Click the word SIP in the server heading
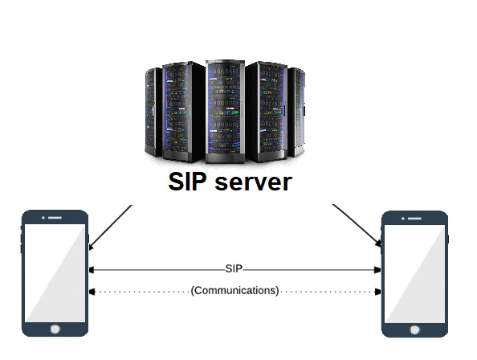190,181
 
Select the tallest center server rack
226,108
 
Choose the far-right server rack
296,111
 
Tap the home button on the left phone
55,328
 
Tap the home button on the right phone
414,328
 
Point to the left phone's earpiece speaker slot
58,218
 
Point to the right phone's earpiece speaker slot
417,218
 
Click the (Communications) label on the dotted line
234,290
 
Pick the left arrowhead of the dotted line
92,291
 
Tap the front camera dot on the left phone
43,218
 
